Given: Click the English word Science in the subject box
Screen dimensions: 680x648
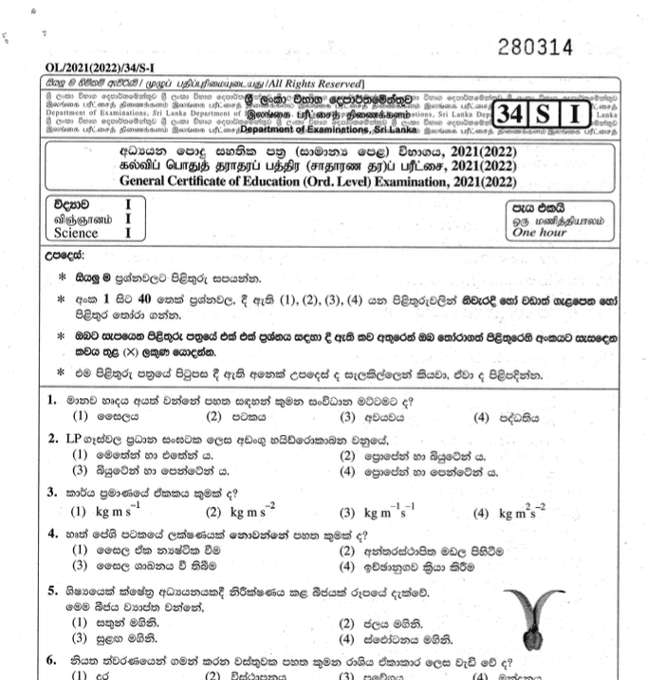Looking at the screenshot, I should [76, 233].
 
